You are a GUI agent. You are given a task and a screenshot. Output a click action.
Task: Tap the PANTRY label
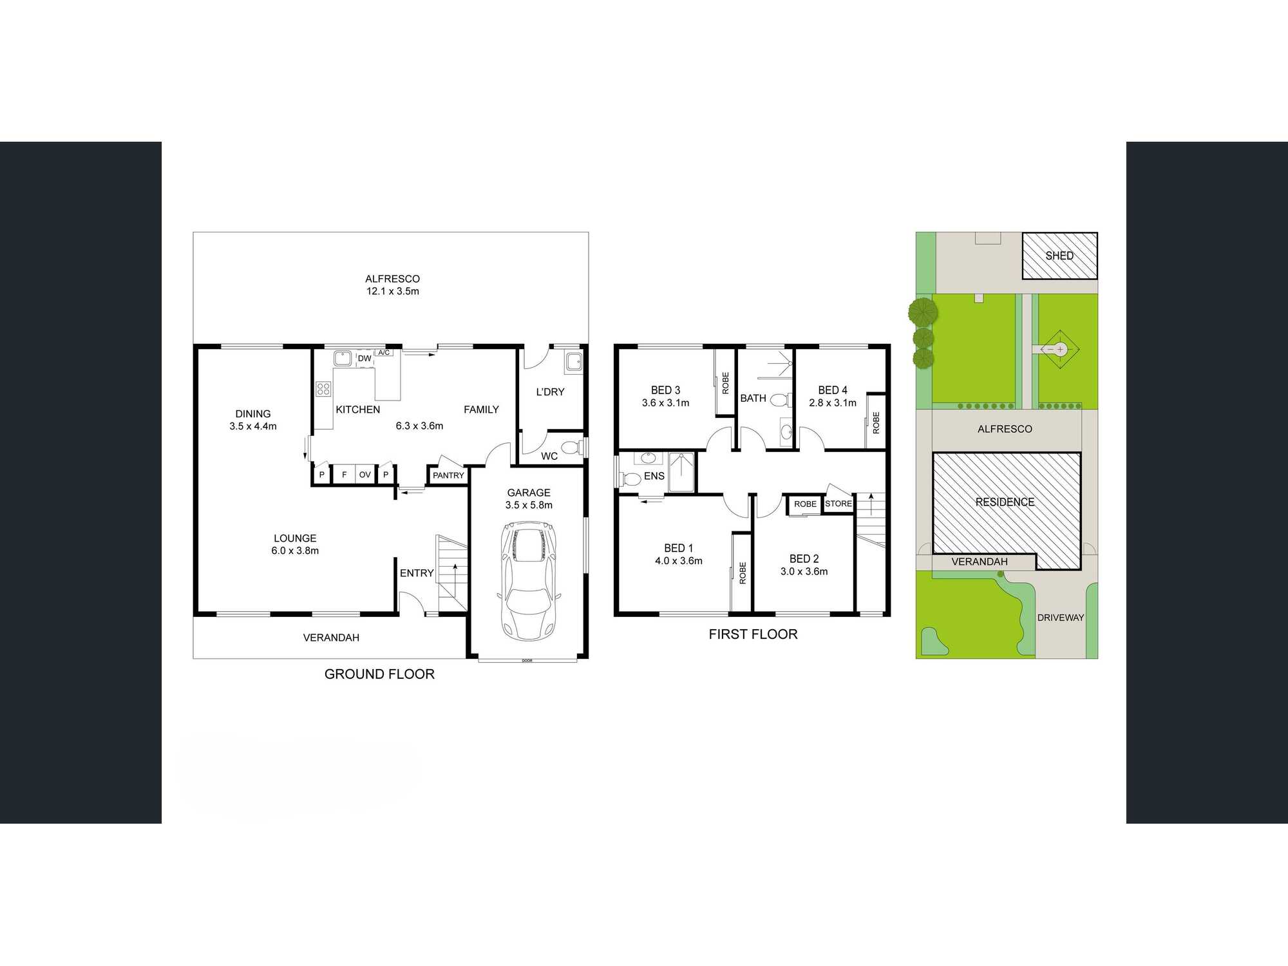[x=448, y=475]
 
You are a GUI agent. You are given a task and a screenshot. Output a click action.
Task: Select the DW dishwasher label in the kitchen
[x=365, y=359]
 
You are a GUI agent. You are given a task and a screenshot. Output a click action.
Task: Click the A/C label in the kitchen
[x=384, y=353]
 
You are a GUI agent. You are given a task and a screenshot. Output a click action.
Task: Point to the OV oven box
[x=365, y=475]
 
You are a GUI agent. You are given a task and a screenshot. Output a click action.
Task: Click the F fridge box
[x=344, y=475]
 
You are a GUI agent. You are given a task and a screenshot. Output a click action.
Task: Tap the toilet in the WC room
[x=569, y=447]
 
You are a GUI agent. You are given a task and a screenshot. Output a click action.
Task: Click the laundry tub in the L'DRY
[x=573, y=363]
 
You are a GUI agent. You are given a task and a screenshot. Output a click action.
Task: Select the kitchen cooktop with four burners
[x=323, y=388]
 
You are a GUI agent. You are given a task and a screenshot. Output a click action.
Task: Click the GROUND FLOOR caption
[x=379, y=674]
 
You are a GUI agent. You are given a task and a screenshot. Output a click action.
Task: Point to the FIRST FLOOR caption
[x=753, y=634]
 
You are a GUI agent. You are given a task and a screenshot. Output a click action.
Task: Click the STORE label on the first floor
[x=838, y=504]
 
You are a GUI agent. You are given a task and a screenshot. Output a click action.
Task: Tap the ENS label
[x=654, y=477]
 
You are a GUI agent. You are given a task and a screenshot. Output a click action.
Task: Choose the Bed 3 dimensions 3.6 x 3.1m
[x=665, y=403]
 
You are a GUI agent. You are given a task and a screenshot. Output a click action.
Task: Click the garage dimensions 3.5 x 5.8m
[x=529, y=505]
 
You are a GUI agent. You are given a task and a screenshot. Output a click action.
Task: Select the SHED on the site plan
[x=1060, y=256]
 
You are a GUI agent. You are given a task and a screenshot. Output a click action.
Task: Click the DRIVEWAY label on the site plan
[x=1060, y=618]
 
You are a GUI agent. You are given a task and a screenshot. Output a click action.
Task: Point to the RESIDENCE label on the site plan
[x=1005, y=502]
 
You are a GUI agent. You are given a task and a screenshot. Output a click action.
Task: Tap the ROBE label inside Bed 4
[x=876, y=422]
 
